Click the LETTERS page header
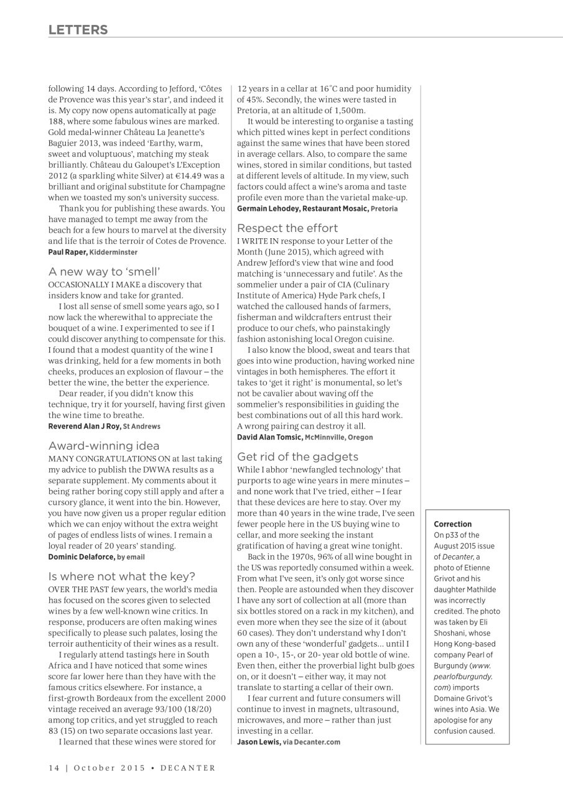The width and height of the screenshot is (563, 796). [78, 30]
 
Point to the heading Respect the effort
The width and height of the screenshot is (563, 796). [287, 228]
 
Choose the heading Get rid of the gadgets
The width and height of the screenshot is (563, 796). [297, 456]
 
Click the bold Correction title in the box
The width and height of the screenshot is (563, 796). [452, 524]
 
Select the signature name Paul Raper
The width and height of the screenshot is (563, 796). [67, 252]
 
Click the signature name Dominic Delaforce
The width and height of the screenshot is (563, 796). [81, 557]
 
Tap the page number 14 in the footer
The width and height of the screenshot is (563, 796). [54, 768]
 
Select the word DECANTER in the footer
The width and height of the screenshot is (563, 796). [188, 768]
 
